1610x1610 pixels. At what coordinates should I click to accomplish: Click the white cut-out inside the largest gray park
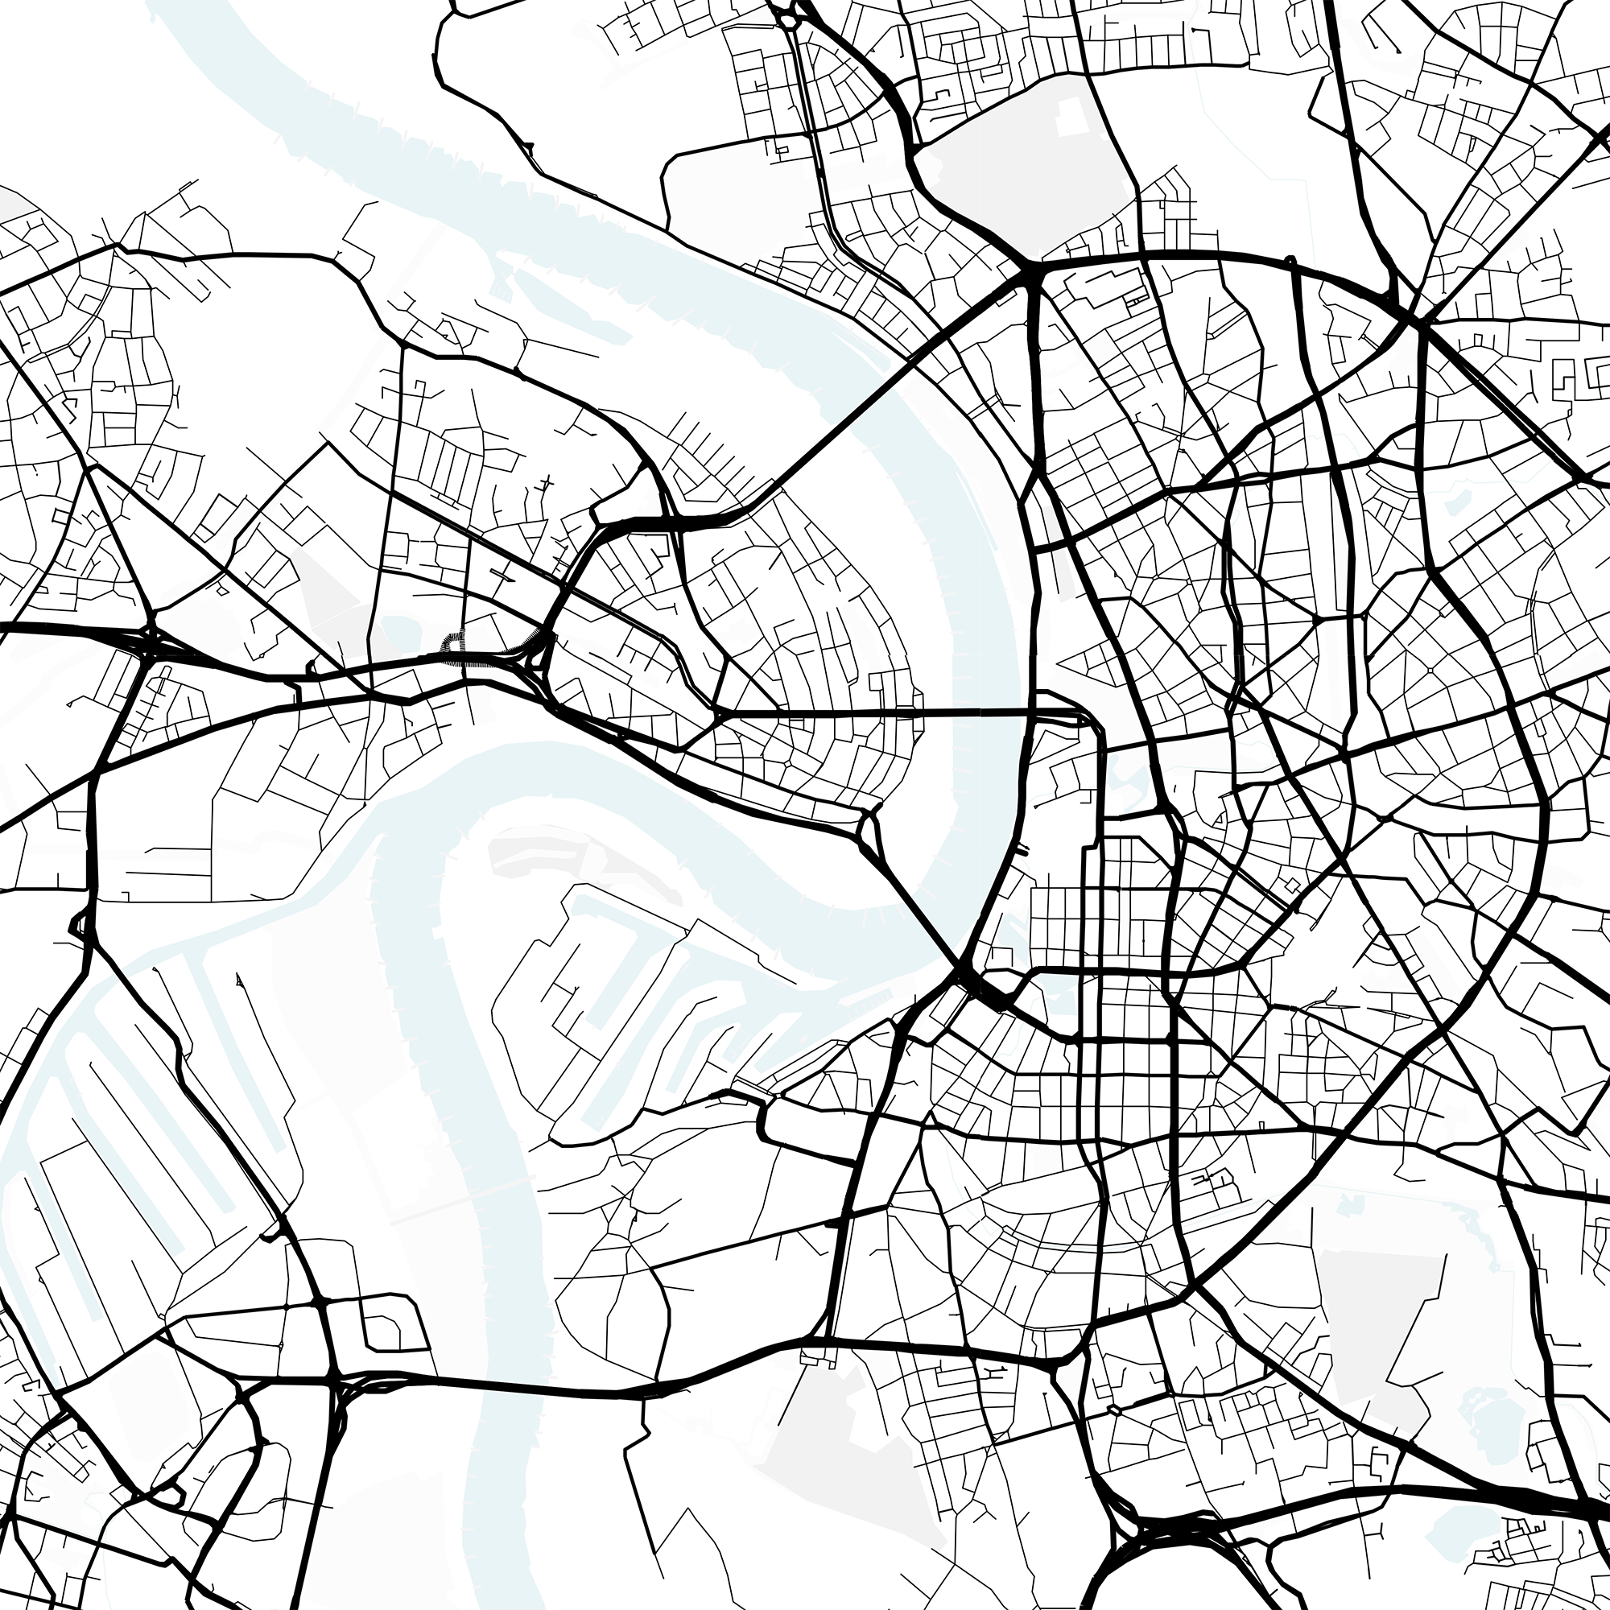1074,117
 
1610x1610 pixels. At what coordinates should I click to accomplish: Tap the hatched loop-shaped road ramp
453,646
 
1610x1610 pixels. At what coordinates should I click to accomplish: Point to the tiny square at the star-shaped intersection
1430,670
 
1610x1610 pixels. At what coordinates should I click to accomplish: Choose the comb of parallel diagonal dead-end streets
716,454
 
